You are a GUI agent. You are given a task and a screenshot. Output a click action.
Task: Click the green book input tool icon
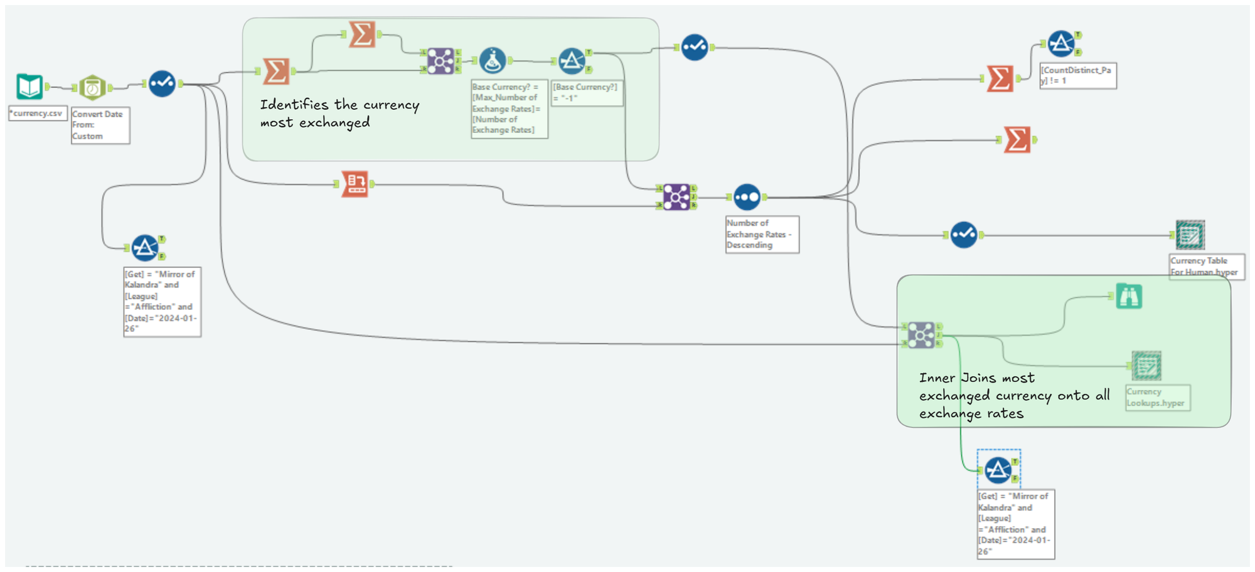click(x=29, y=87)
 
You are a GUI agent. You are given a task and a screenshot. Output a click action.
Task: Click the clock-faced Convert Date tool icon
click(x=92, y=88)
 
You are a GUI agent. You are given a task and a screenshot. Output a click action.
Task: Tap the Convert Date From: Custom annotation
click(x=100, y=125)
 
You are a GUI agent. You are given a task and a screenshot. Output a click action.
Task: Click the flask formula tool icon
click(x=493, y=61)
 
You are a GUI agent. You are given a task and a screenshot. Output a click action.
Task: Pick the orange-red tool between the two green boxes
click(x=355, y=184)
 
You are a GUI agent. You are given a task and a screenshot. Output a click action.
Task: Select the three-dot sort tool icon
click(x=747, y=197)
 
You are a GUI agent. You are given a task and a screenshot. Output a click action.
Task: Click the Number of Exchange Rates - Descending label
click(x=762, y=234)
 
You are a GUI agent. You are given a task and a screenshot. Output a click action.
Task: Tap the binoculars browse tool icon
click(x=1128, y=296)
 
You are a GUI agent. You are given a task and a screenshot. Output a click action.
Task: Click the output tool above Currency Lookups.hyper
click(x=1146, y=366)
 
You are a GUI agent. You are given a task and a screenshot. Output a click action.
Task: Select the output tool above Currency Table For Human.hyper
click(x=1190, y=235)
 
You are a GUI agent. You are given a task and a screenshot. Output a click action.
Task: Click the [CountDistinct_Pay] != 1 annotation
click(x=1077, y=75)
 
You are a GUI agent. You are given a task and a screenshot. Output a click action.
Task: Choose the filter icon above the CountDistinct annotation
click(x=1061, y=43)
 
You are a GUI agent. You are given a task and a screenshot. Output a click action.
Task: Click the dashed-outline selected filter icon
click(x=998, y=469)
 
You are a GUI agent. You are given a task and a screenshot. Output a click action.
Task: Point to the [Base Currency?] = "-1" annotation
click(x=586, y=92)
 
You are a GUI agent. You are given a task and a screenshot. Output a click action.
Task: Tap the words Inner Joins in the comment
click(x=959, y=378)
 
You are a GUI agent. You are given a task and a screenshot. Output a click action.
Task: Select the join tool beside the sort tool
click(x=676, y=197)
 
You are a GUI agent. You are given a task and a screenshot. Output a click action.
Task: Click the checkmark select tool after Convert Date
click(x=162, y=83)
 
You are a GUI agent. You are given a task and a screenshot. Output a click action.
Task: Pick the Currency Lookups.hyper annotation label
click(x=1156, y=398)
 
